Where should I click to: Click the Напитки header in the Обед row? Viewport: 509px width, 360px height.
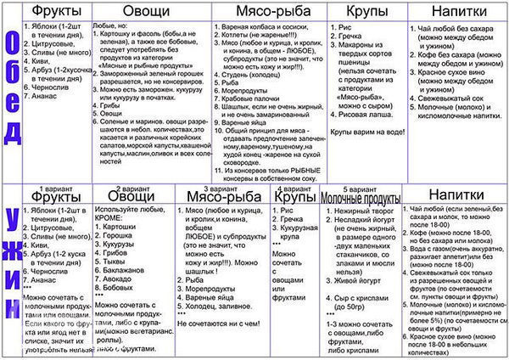pyautogui.click(x=458, y=13)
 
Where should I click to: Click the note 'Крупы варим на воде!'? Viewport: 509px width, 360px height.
pyautogui.click(x=367, y=132)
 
